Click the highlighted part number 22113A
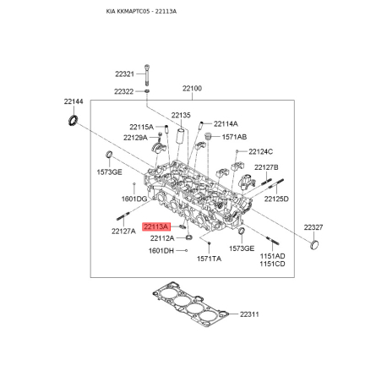tap(156, 226)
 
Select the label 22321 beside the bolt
tap(124, 74)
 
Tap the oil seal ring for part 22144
tap(74, 120)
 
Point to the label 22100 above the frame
tap(192, 89)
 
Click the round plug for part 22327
tap(315, 244)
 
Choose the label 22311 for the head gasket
tap(249, 314)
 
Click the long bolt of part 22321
tap(147, 75)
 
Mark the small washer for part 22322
tap(147, 91)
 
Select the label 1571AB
tap(234, 137)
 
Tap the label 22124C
tap(261, 152)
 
